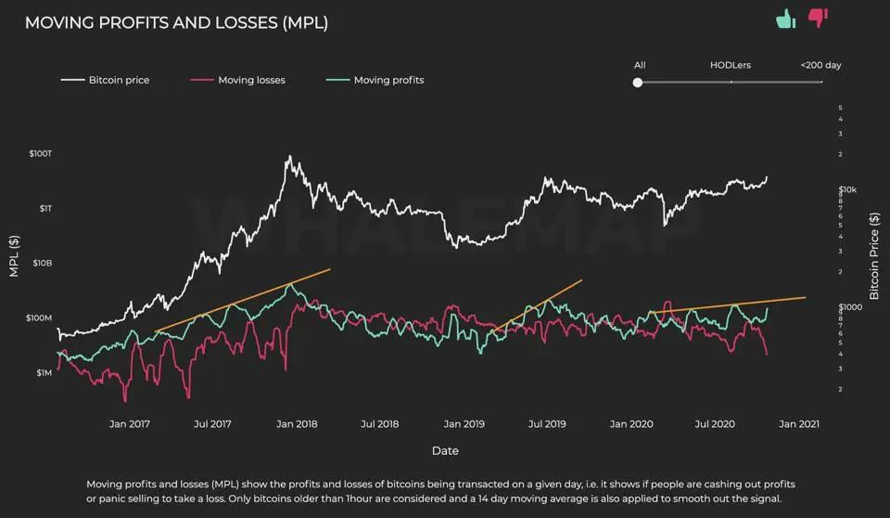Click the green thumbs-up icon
coord(786,18)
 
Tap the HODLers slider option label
coord(731,65)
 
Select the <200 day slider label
coord(820,65)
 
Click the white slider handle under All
coord(638,83)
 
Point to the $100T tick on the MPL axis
coord(42,152)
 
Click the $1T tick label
coord(45,208)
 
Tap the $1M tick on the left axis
coord(44,372)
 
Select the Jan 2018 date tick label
coord(297,423)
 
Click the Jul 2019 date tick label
coord(547,423)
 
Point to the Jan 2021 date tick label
coord(798,423)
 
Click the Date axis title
coord(445,451)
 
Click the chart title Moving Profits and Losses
coord(176,22)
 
